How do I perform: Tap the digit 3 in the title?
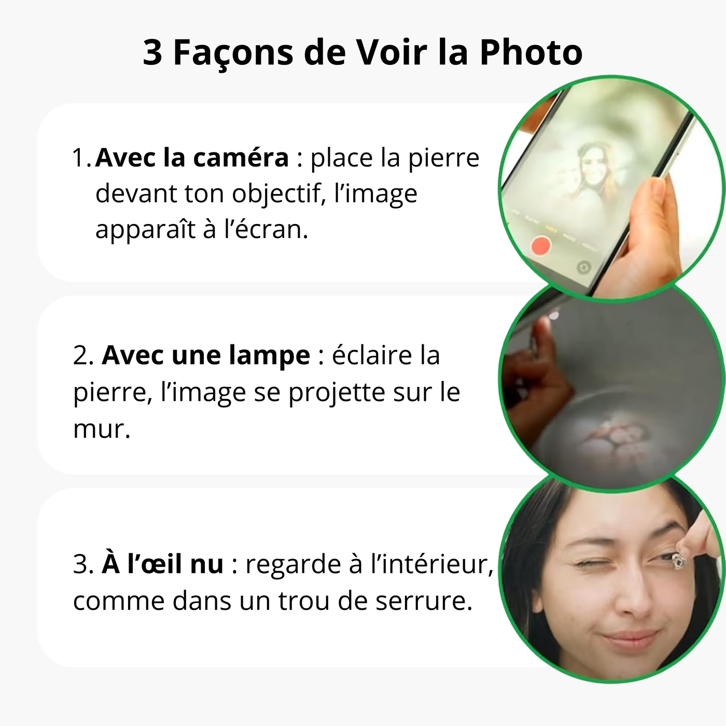152,53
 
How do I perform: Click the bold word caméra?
241,158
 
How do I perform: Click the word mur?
102,429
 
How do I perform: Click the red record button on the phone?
541,246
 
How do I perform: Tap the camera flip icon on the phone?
584,267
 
